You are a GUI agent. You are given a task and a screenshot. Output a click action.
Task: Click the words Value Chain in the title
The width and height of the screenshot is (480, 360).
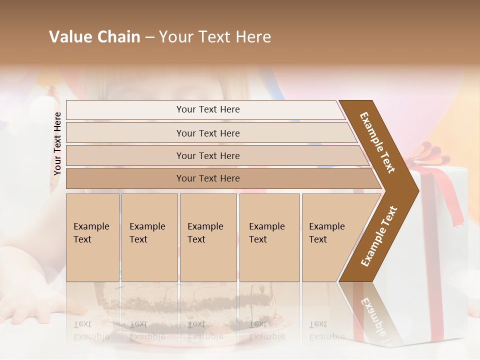tap(94, 37)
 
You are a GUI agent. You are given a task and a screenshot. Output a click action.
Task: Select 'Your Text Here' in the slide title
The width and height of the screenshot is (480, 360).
tap(215, 37)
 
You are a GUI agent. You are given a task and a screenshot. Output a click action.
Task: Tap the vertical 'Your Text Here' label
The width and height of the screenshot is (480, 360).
tap(57, 143)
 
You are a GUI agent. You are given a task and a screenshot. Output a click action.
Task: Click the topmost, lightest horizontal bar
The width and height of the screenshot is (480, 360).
tap(207, 109)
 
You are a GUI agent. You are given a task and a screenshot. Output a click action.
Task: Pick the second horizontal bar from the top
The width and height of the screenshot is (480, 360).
tap(207, 133)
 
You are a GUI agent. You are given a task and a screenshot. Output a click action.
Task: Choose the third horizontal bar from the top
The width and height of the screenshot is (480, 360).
tap(207, 155)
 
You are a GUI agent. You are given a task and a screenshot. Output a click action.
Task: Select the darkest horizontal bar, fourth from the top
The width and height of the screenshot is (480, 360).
tap(207, 178)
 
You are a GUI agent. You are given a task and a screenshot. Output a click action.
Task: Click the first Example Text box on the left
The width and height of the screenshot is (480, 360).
tap(92, 237)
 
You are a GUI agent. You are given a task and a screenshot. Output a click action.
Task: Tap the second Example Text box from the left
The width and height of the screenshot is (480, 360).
tap(149, 237)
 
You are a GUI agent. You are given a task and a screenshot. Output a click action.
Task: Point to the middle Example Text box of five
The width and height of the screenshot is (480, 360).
tap(208, 237)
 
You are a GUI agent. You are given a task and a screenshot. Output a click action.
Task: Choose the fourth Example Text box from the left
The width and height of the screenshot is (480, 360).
tap(269, 237)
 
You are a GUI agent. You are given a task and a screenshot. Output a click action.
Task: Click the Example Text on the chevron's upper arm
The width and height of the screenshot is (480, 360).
tap(377, 142)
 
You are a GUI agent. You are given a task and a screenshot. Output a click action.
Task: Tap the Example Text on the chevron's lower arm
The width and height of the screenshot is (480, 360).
tap(379, 236)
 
